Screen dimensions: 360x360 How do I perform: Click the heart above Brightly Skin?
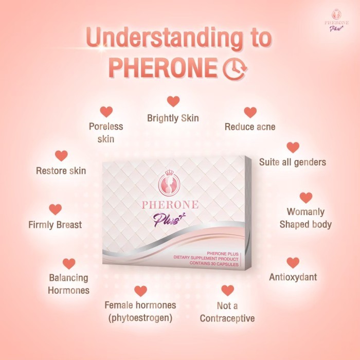click(173, 101)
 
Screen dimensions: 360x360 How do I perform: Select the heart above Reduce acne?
click(250, 112)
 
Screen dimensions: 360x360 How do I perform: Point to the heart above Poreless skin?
click(106, 112)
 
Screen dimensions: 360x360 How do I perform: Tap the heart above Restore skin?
click(61, 155)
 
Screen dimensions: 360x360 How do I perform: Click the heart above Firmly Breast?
click(55, 209)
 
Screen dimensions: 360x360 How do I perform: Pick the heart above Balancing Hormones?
click(68, 263)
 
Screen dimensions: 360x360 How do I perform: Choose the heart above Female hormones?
click(140, 291)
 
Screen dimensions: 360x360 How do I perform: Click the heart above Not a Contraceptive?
click(227, 291)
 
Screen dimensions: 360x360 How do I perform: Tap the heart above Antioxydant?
click(293, 262)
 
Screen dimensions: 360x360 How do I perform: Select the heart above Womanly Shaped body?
click(306, 197)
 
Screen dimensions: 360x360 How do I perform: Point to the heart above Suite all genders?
click(293, 147)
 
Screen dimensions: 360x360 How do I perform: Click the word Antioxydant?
click(293, 277)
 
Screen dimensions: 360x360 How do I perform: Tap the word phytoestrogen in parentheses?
click(140, 318)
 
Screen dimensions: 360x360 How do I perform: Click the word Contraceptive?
click(227, 318)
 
